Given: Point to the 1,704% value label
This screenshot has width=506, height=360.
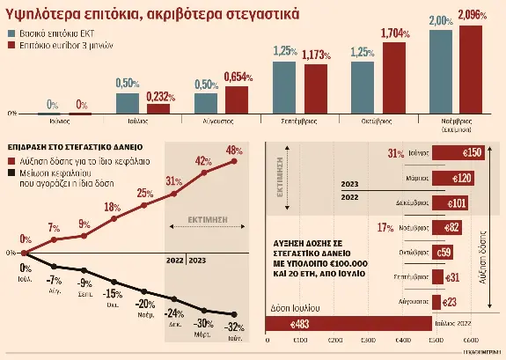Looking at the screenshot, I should click(396, 33).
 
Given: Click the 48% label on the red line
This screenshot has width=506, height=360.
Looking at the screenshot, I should click(234, 149).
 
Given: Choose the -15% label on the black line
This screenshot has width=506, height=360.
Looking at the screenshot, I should click(114, 293).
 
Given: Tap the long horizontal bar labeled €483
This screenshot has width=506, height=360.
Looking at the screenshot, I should click(348, 325).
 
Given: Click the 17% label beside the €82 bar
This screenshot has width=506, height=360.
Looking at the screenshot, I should click(384, 227).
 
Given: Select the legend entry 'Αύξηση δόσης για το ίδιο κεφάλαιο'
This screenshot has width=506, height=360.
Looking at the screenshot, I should click(86, 162).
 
